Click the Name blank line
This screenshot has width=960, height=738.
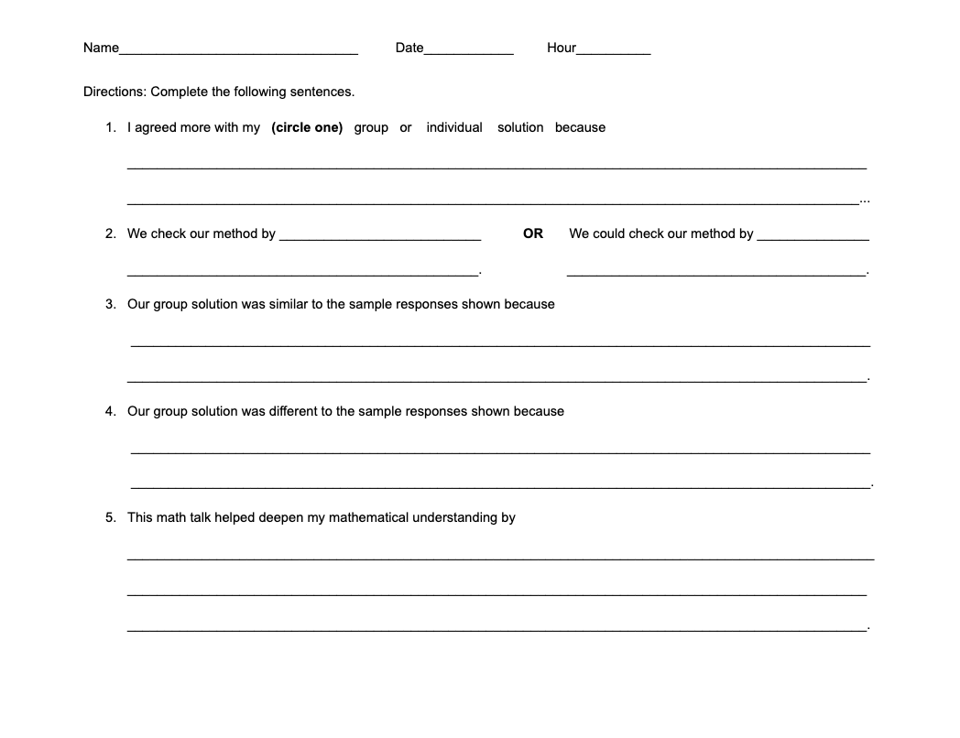[x=238, y=51]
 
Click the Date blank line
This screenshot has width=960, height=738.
[x=468, y=51]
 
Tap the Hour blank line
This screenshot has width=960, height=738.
[x=613, y=51]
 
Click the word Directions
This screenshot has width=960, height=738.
[x=115, y=92]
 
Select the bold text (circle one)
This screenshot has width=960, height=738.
[x=307, y=127]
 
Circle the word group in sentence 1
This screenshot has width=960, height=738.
[x=371, y=127]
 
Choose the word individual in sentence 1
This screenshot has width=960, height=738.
[x=454, y=127]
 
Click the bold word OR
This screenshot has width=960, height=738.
[x=533, y=233]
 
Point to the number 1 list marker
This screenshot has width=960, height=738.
[x=110, y=127]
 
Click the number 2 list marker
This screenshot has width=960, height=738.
[x=110, y=233]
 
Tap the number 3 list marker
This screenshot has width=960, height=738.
[x=110, y=304]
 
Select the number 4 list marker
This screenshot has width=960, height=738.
[x=110, y=411]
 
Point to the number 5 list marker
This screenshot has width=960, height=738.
[x=110, y=517]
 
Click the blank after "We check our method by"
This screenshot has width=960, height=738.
[x=380, y=237]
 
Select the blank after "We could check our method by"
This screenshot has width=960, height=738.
[x=813, y=237]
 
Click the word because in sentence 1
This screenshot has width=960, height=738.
[x=580, y=127]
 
